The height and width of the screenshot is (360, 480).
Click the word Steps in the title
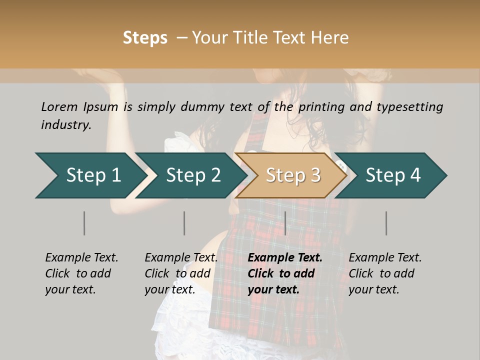[145, 38]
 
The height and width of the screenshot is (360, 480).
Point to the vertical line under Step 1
[84, 223]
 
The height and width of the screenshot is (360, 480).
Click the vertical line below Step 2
[184, 223]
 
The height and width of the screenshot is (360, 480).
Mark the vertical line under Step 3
[285, 223]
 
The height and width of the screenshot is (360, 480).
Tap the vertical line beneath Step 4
[386, 223]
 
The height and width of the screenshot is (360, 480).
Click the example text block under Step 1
[81, 273]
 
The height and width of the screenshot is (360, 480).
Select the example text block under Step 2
[181, 273]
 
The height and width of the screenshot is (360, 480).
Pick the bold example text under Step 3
[284, 273]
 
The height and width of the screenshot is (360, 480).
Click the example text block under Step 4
[385, 273]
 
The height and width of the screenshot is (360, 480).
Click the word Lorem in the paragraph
[59, 107]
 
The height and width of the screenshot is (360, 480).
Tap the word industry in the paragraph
[66, 125]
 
